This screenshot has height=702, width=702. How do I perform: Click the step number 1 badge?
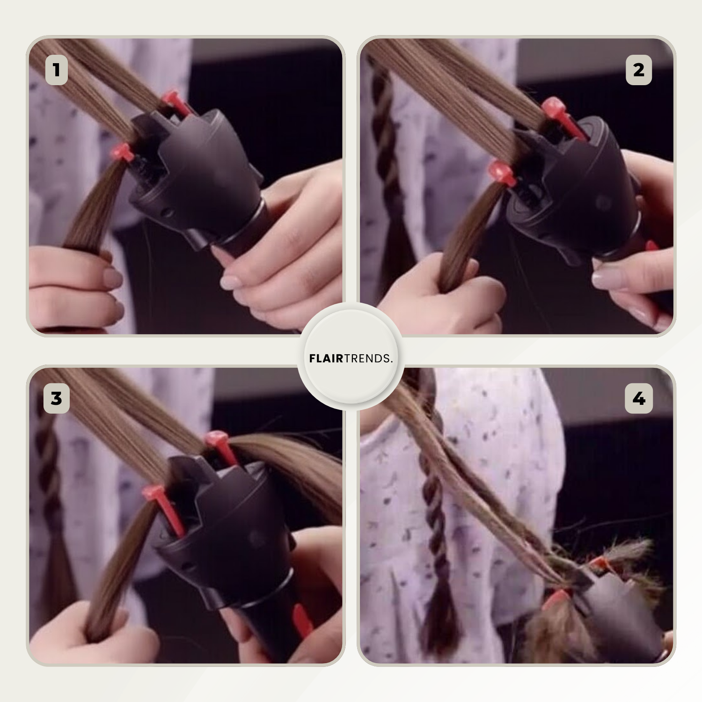[x=57, y=70]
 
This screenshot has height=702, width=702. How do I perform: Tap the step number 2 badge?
[x=639, y=70]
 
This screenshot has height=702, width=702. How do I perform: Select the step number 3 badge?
[x=57, y=399]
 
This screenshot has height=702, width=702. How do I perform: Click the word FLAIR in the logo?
[x=326, y=358]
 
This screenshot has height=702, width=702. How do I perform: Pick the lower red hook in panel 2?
[x=502, y=174]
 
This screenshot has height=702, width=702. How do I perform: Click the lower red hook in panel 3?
[x=164, y=510]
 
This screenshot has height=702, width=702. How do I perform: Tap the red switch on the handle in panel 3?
[x=302, y=620]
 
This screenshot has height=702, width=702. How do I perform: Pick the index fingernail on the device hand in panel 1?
[x=231, y=282]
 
